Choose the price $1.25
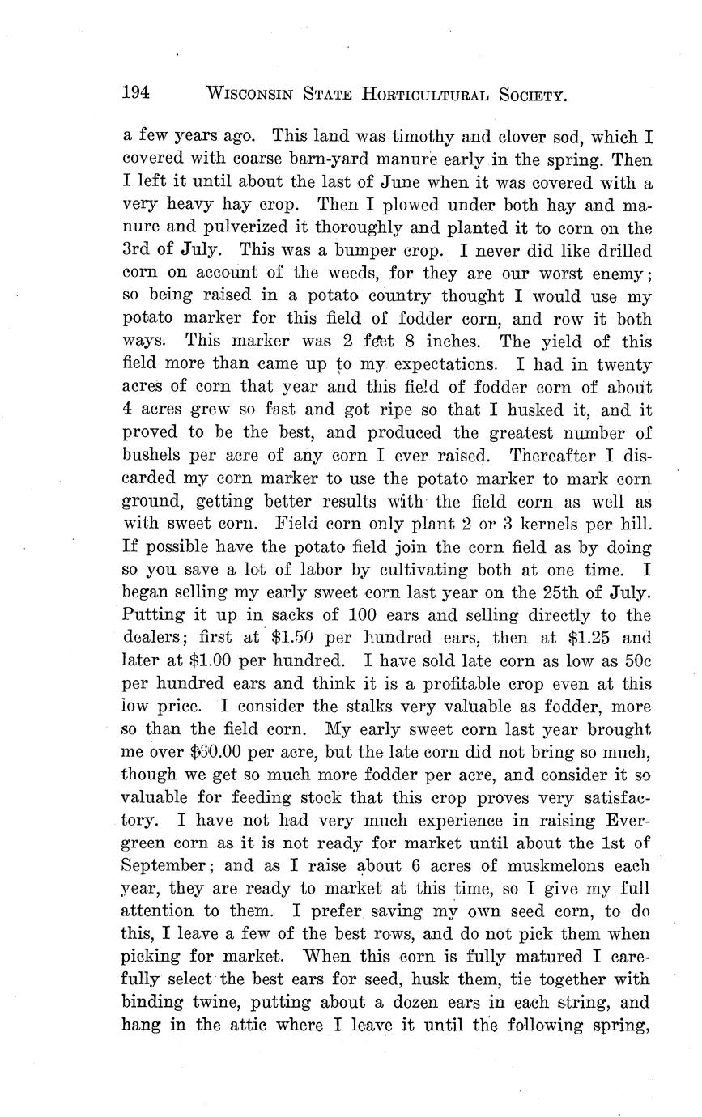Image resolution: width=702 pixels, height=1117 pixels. tap(585, 636)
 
